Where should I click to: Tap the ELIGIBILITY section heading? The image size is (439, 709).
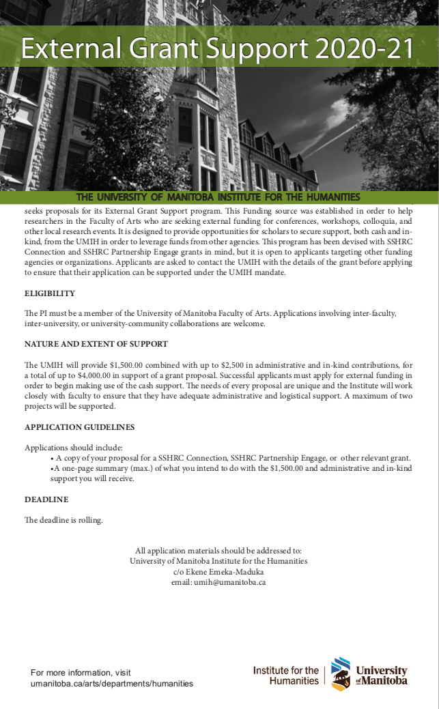[50, 293]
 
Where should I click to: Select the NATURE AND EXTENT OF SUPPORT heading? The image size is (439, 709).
[96, 344]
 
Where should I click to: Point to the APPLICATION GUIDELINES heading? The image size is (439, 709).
[80, 427]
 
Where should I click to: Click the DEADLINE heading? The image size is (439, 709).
[46, 500]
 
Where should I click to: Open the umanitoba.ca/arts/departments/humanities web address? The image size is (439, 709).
[112, 683]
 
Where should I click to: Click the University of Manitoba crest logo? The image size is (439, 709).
[341, 674]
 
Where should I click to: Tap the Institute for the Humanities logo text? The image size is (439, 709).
[285, 676]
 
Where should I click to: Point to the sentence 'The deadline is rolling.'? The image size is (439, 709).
[63, 521]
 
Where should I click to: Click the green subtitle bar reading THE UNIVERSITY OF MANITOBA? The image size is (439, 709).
[219, 197]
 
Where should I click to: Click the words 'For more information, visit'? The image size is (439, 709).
[81, 672]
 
